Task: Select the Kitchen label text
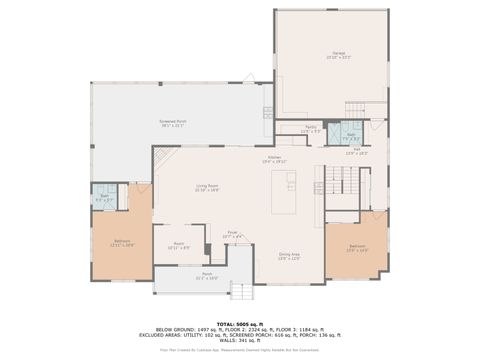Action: (x=275, y=159)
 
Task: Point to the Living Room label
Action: (x=208, y=187)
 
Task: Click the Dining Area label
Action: (x=290, y=256)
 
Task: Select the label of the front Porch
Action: (x=207, y=277)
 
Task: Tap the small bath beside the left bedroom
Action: (x=104, y=198)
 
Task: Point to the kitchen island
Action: (x=291, y=185)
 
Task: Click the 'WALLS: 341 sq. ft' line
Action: (x=240, y=339)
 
